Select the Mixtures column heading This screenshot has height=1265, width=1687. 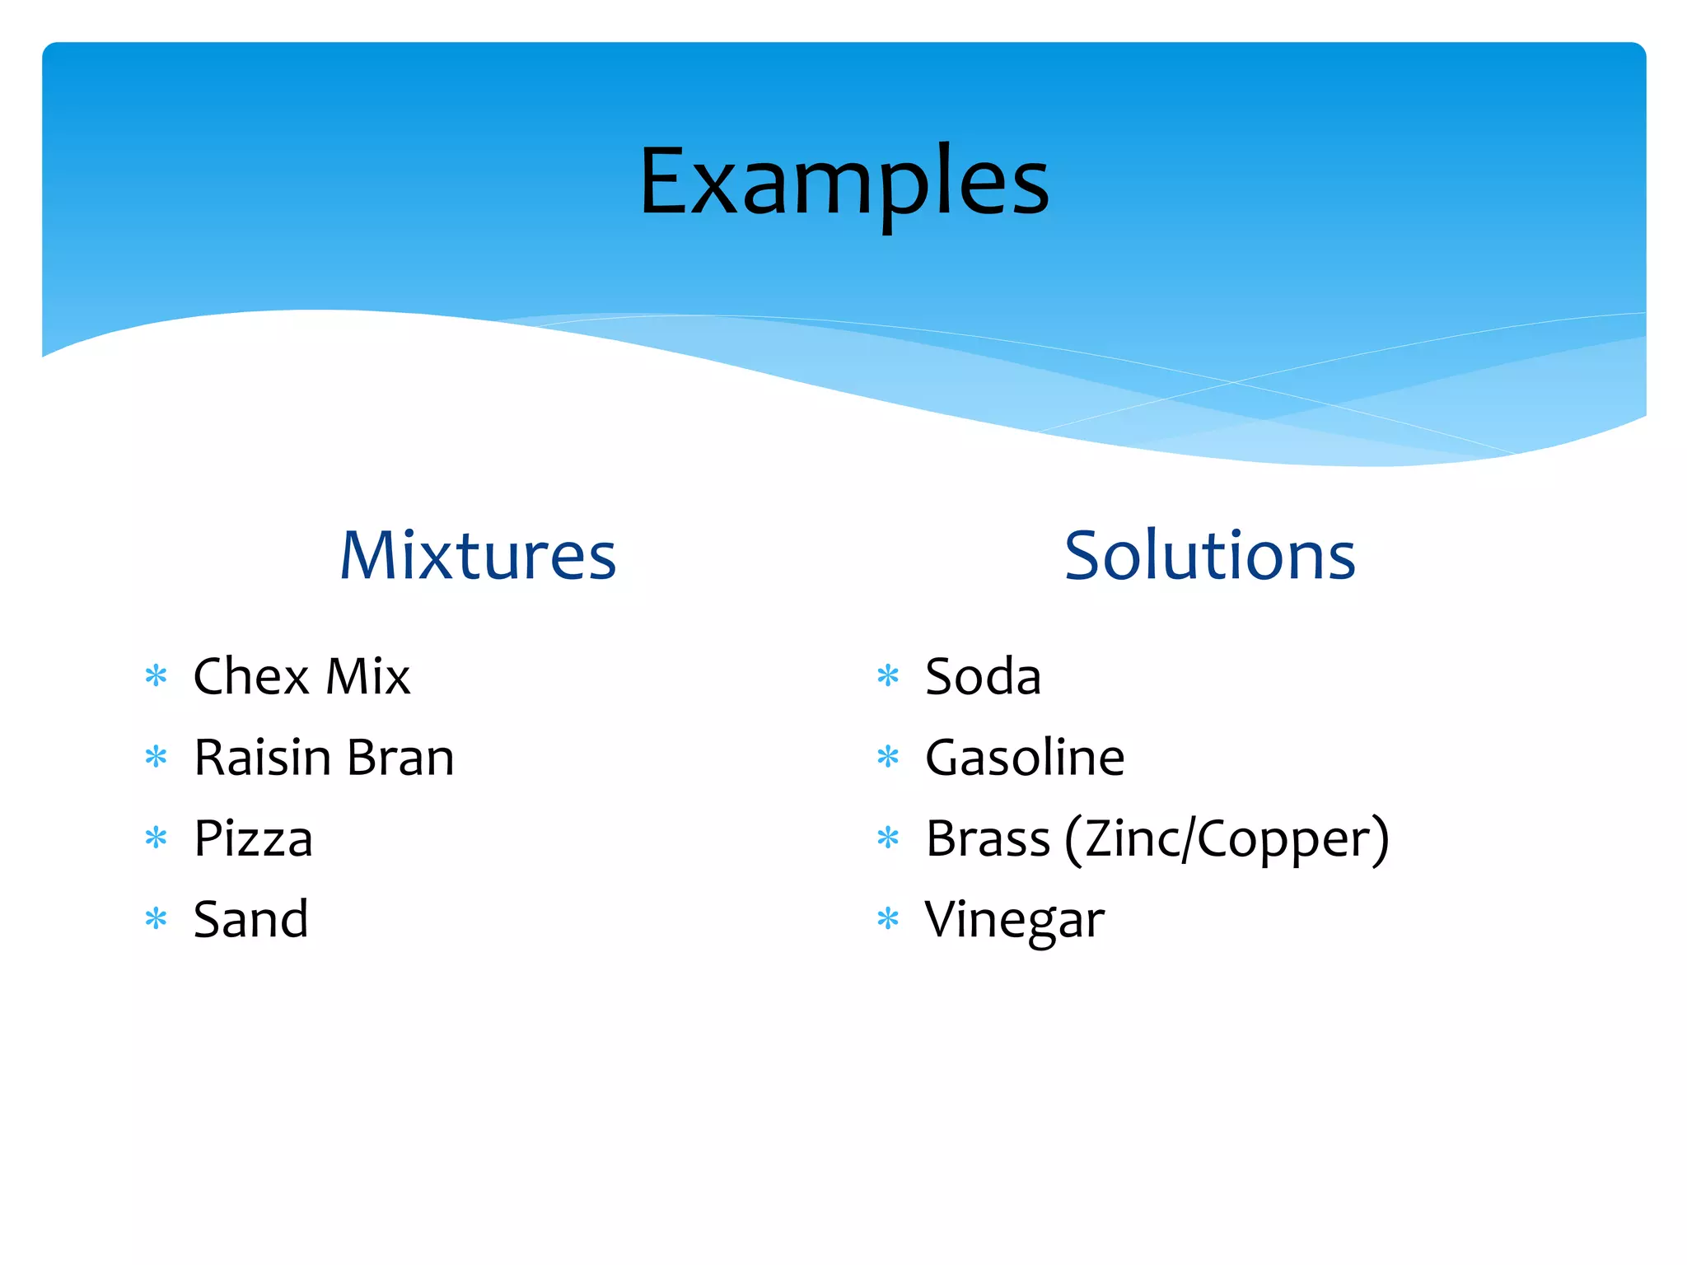point(478,556)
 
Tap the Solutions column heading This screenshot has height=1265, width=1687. point(1209,556)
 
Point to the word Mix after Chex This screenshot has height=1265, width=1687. point(368,677)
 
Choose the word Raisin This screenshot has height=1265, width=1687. point(262,758)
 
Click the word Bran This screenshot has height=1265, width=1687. point(401,758)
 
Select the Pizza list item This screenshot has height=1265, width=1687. point(253,839)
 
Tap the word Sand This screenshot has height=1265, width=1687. point(250,919)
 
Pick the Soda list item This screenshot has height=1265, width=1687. point(983,677)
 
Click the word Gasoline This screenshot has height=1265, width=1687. point(1025,758)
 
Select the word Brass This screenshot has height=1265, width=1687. point(988,839)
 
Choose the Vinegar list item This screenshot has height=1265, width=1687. point(1014,920)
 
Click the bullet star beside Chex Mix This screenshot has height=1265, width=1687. point(156,677)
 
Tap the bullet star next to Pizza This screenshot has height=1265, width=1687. point(156,838)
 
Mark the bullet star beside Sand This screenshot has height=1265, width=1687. point(156,918)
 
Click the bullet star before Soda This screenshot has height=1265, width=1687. point(888,677)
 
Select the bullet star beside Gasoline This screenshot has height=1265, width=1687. point(888,757)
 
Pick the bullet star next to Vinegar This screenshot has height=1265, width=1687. point(888,918)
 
